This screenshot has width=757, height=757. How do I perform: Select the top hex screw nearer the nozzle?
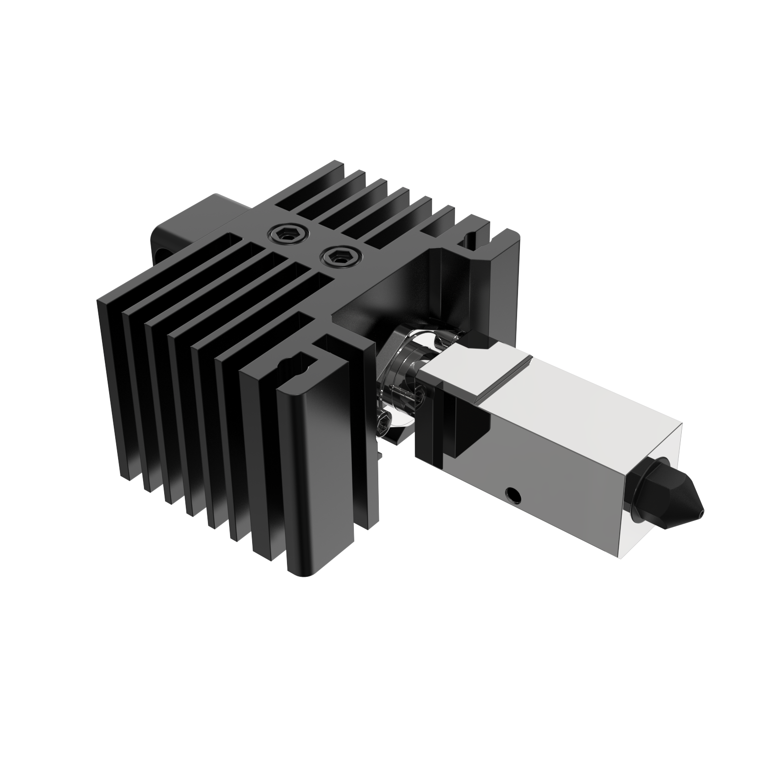click(x=338, y=257)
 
